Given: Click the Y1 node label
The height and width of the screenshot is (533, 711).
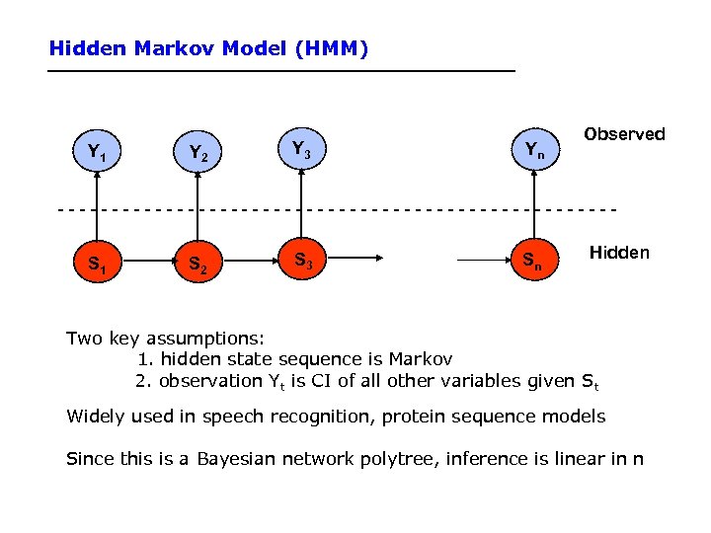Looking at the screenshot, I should [x=96, y=153].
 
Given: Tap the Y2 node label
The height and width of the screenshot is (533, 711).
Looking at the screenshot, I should [x=197, y=154].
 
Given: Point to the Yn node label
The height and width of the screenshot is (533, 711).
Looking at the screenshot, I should [x=533, y=150].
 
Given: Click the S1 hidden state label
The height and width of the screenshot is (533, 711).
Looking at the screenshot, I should [x=96, y=265].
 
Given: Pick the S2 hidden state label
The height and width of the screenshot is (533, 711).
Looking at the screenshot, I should [x=197, y=266].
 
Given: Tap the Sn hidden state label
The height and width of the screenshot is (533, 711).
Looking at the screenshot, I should [x=532, y=262].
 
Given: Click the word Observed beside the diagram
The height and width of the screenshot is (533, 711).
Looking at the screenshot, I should [x=624, y=134].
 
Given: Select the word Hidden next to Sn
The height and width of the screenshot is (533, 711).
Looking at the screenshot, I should [x=619, y=253].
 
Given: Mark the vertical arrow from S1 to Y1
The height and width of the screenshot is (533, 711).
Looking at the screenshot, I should [x=97, y=207].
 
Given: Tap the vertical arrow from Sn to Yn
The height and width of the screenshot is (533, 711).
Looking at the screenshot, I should [x=534, y=207].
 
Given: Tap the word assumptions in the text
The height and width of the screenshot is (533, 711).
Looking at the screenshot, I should [x=207, y=339].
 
